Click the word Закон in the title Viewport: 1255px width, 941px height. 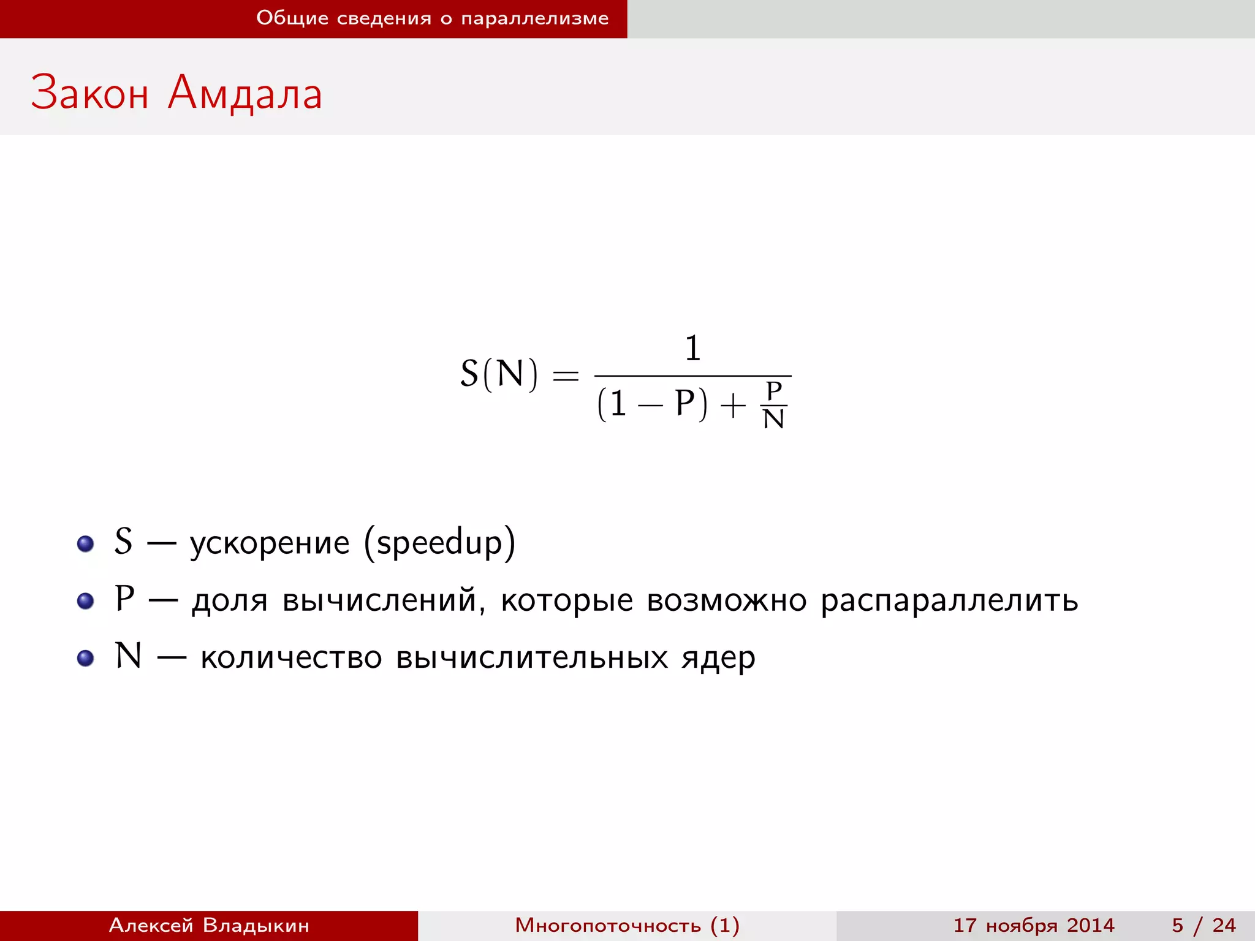pos(89,93)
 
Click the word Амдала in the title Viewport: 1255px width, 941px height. pos(245,93)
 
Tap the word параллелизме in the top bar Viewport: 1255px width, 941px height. pos(535,18)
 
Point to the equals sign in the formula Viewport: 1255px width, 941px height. pos(566,375)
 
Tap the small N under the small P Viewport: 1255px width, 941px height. pos(774,420)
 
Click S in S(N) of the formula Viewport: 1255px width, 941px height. pos(469,374)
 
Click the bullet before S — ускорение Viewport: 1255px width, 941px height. pos(85,543)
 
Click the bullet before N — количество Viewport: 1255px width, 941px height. pos(85,658)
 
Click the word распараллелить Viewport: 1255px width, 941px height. pos(949,600)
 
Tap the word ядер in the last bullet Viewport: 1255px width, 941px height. pos(718,658)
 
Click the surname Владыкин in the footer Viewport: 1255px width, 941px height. pos(256,925)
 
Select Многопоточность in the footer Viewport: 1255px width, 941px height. pos(608,925)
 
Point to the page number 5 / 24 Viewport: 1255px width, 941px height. pos(1204,925)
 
